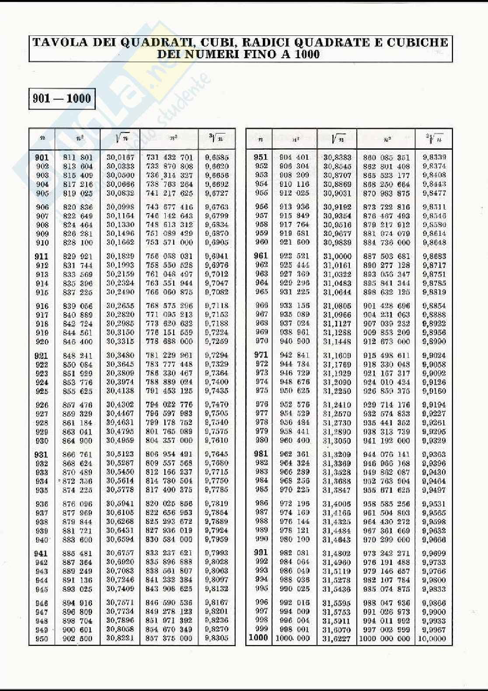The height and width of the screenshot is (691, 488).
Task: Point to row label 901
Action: click(x=42, y=157)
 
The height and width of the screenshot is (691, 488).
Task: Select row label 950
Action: click(x=42, y=638)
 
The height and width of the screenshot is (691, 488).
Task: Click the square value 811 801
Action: click(x=77, y=157)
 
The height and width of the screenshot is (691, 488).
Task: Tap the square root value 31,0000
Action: click(x=337, y=256)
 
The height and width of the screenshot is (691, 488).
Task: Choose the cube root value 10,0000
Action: click(x=432, y=638)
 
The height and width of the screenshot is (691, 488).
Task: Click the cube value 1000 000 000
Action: click(x=385, y=638)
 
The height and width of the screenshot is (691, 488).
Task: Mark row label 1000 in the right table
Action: click(x=258, y=638)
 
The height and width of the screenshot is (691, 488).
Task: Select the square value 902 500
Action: click(x=77, y=638)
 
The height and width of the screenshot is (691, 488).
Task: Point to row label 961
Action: click(x=261, y=256)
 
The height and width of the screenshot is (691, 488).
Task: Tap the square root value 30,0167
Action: click(x=120, y=157)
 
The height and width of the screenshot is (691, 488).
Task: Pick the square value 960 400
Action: click(x=295, y=440)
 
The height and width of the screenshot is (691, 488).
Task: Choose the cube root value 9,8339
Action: click(x=434, y=157)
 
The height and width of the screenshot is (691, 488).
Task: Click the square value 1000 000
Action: click(x=293, y=638)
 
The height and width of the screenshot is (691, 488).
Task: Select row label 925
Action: click(x=42, y=391)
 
